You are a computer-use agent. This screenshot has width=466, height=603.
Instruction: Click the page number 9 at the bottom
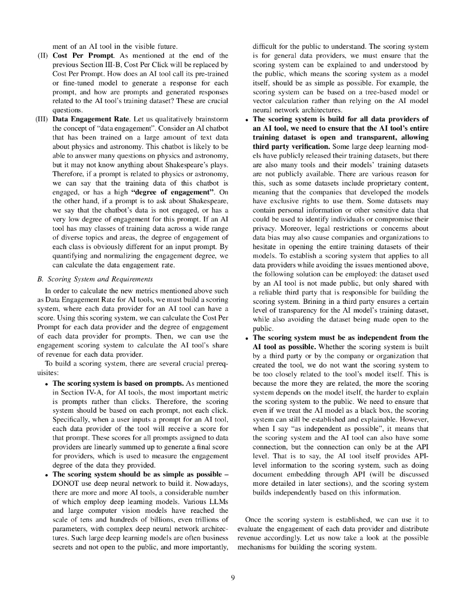tap(233, 578)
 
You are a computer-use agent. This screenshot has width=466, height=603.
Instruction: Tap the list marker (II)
tap(43, 55)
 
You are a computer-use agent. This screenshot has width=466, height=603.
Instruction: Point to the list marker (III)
tap(41, 118)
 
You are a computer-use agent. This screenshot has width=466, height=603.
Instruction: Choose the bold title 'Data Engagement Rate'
tap(88, 118)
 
